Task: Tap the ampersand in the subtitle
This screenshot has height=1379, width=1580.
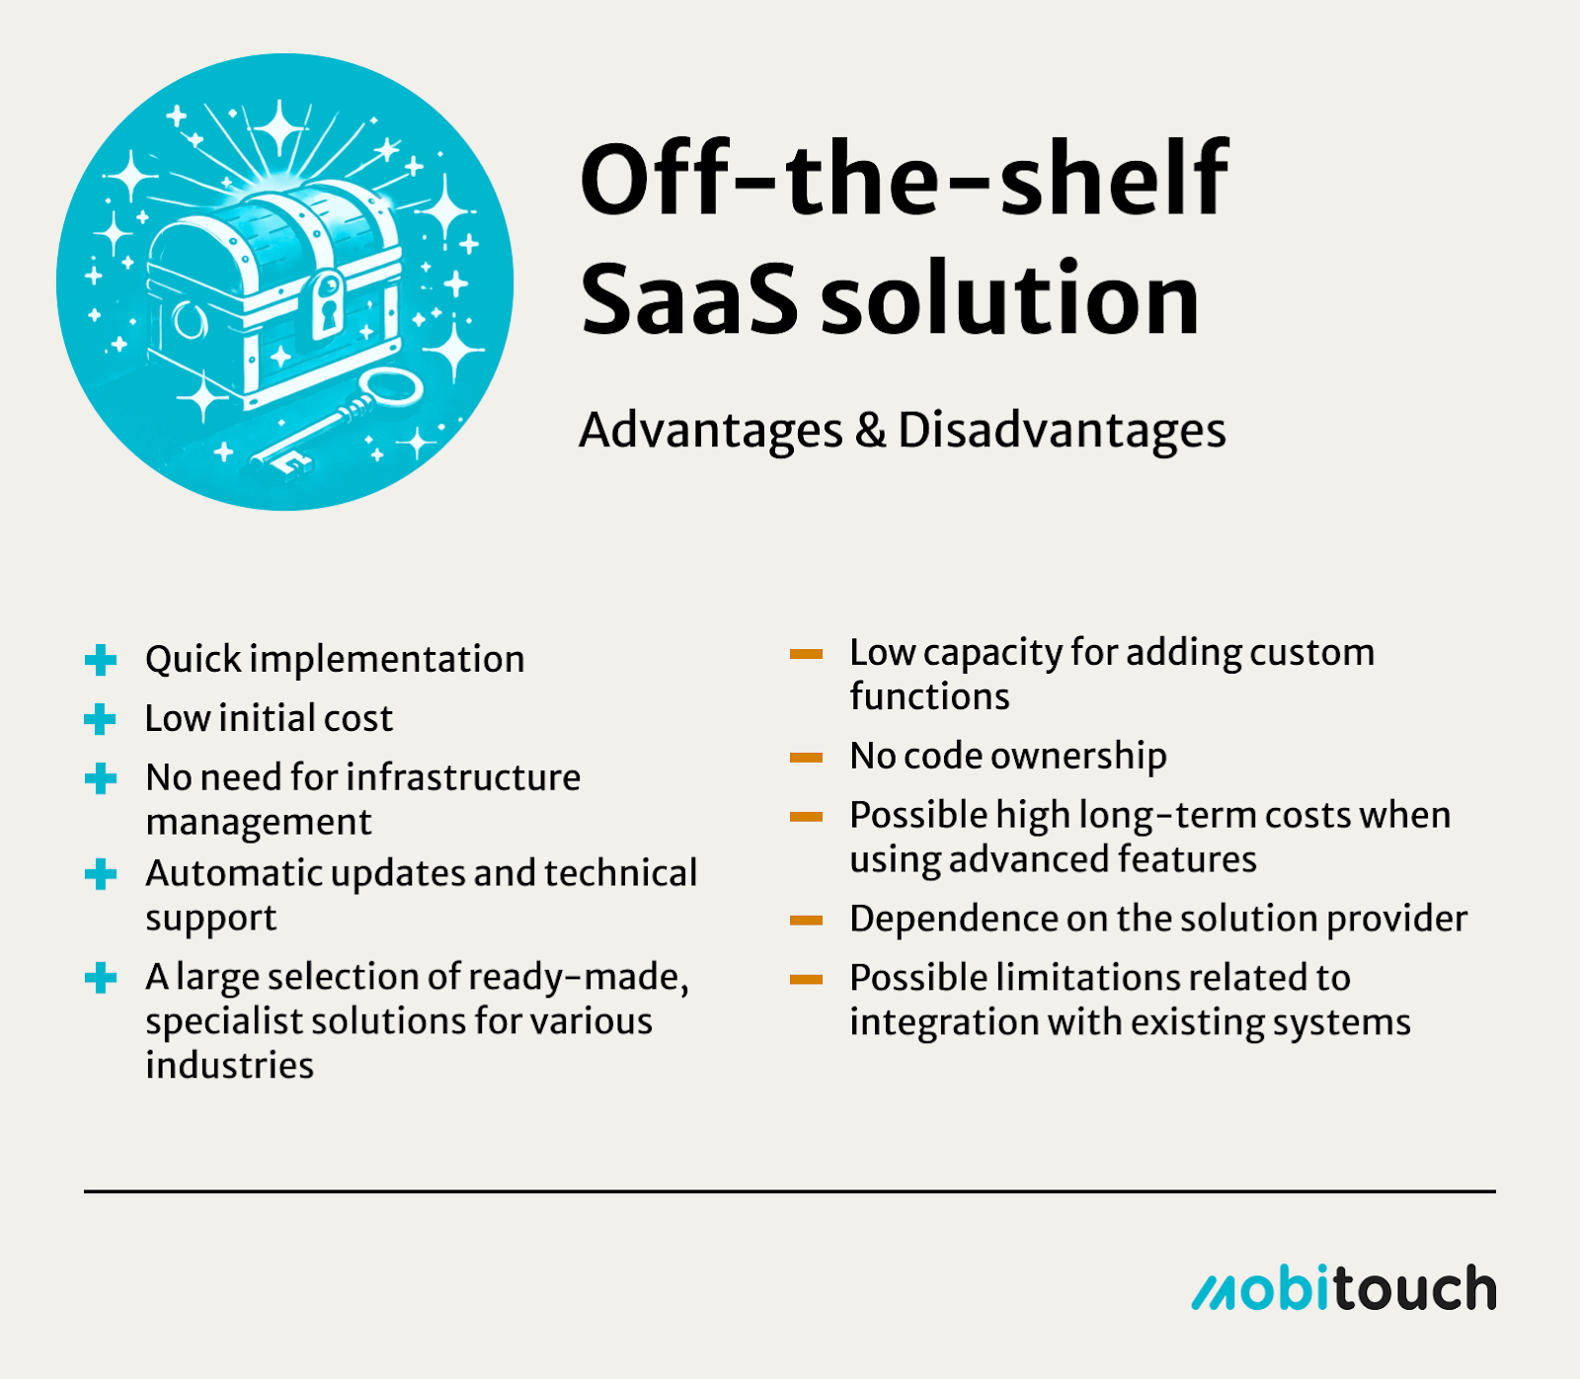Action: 870,430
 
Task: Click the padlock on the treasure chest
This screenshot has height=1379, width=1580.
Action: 326,305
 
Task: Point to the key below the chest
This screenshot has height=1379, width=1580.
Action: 336,420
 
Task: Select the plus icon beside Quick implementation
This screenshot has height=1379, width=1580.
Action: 101,660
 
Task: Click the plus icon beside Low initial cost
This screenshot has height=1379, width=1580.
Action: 101,719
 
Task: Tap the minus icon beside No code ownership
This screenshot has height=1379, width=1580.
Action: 806,758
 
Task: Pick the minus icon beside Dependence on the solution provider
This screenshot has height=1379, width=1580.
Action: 806,921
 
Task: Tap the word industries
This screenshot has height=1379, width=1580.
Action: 230,1066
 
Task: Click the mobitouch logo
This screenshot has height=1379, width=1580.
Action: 1344,1288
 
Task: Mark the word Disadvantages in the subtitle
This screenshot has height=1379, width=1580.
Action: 1062,431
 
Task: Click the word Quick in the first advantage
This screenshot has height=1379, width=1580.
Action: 194,660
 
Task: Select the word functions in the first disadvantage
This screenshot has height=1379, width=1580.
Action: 930,697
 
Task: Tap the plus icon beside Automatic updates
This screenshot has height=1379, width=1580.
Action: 101,874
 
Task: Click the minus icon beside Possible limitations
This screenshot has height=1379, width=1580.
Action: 806,980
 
